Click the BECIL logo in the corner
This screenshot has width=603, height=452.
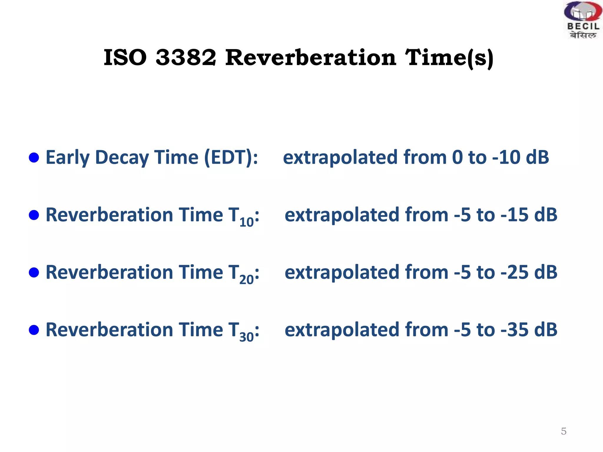[582, 20]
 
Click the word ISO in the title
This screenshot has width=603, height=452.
[125, 57]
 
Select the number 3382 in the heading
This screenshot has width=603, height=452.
[186, 57]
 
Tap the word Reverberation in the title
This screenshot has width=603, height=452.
[311, 57]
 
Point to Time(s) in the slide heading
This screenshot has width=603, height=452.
[449, 58]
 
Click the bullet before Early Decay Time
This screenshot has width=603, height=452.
[34, 157]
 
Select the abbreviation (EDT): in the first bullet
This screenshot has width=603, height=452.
[231, 157]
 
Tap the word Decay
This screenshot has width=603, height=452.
[122, 158]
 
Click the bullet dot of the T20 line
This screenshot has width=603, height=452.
[34, 272]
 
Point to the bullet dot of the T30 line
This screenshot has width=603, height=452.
[34, 330]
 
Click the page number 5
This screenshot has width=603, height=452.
[564, 431]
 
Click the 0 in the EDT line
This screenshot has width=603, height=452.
[457, 157]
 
